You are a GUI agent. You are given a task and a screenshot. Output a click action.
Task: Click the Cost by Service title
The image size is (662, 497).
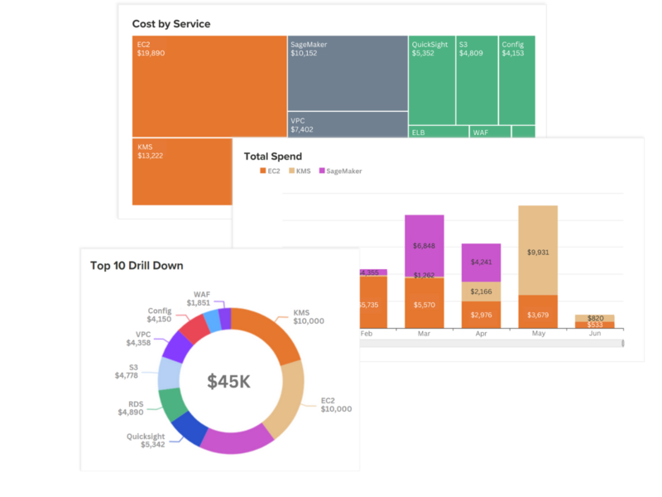coord(171,24)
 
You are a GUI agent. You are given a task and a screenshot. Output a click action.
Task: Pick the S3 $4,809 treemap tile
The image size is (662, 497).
coord(477,80)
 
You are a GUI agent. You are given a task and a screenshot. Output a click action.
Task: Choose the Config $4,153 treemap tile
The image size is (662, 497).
coord(517,80)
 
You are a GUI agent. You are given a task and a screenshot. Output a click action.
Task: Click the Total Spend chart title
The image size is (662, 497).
coord(273,157)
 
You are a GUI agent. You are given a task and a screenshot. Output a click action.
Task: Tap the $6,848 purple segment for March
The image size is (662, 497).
coord(424,245)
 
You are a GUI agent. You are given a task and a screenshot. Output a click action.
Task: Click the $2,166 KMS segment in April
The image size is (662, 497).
coord(481,292)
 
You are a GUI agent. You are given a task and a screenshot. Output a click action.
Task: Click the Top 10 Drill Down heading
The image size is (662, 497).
coord(137,266)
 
